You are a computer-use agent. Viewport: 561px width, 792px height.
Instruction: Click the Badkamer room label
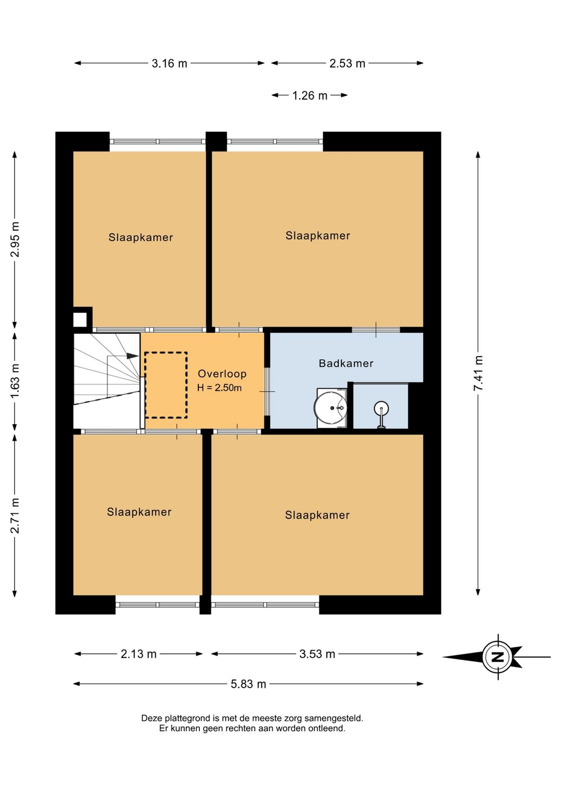point(346,363)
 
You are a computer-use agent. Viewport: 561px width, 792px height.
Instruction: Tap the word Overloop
point(222,374)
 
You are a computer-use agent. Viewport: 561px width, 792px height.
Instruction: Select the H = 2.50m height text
point(219,388)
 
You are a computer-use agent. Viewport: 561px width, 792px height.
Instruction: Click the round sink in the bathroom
point(330,408)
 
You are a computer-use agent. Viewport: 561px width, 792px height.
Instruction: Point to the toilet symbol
point(381,414)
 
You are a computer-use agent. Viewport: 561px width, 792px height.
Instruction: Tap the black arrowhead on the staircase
point(132,356)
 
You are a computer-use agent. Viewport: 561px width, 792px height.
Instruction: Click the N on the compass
point(498,657)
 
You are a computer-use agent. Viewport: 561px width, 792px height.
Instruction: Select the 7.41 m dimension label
point(478,373)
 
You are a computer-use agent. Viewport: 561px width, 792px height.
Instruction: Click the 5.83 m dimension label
point(248,684)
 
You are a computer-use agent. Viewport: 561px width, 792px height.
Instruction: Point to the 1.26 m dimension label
point(310,95)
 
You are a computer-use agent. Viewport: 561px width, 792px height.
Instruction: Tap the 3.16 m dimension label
point(169,64)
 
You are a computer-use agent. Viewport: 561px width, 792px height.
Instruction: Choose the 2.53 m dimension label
point(347,64)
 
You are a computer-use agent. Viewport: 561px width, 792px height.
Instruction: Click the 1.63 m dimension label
point(15,381)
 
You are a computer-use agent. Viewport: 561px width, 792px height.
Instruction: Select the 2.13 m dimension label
point(138,654)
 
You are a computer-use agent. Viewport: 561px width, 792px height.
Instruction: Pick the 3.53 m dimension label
point(317,654)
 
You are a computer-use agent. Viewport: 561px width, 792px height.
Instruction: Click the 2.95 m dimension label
point(15,239)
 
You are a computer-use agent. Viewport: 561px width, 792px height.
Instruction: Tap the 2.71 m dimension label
point(15,515)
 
